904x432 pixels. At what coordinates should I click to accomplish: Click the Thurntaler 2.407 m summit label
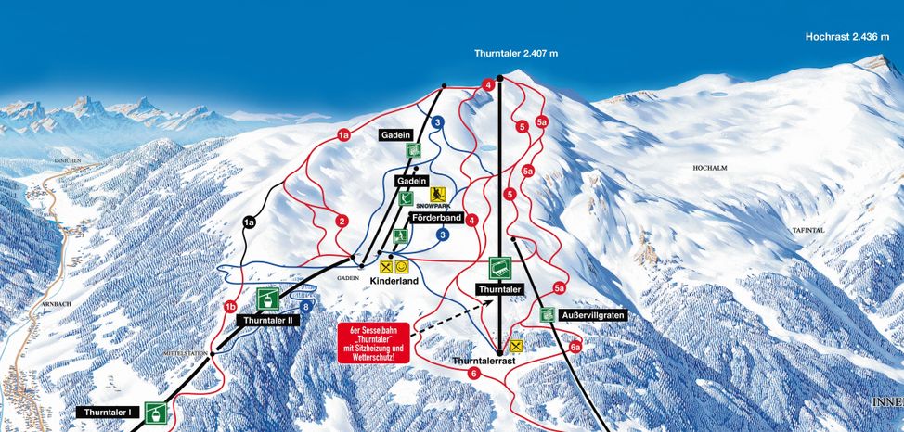(x=516, y=54)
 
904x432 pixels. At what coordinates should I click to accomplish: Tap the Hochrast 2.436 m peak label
(x=846, y=37)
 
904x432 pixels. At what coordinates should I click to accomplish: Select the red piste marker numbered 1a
(x=342, y=136)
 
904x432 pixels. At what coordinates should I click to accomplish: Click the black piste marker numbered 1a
(x=249, y=222)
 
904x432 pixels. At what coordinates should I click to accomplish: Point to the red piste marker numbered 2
(x=342, y=221)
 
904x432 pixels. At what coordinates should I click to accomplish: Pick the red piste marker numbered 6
(x=473, y=373)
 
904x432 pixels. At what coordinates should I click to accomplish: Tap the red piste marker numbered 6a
(x=575, y=348)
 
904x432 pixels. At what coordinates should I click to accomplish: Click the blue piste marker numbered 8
(x=305, y=307)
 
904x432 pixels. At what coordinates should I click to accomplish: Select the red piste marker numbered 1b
(x=230, y=307)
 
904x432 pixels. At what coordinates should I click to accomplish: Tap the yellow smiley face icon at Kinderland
(x=402, y=266)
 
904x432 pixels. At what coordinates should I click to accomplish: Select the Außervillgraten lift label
(x=594, y=315)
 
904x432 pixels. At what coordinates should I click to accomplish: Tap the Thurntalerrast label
(x=482, y=360)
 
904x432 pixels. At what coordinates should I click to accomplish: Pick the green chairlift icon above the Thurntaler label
(x=499, y=269)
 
